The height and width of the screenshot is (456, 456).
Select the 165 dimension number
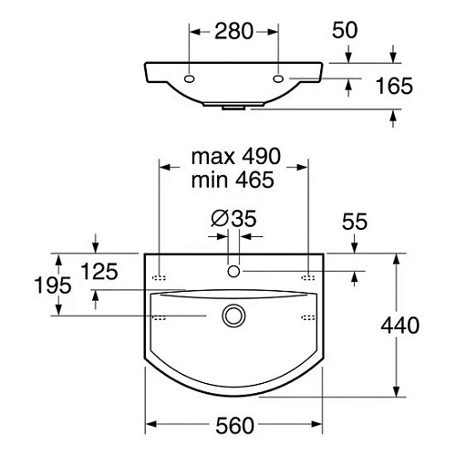tap(394, 87)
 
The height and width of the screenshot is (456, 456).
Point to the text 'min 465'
tap(233, 180)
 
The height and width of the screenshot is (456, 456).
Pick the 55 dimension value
tap(354, 221)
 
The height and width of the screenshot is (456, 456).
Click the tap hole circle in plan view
tap(234, 271)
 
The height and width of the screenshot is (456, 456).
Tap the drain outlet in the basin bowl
tap(234, 316)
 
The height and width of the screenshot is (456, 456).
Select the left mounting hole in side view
tap(189, 79)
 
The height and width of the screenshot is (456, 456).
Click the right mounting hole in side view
tap(278, 79)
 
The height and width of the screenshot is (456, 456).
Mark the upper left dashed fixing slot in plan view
tap(159, 274)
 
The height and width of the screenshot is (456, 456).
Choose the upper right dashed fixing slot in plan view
tap(308, 274)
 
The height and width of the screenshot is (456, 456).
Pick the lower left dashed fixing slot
tap(159, 316)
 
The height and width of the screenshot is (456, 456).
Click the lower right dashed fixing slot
tap(308, 316)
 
